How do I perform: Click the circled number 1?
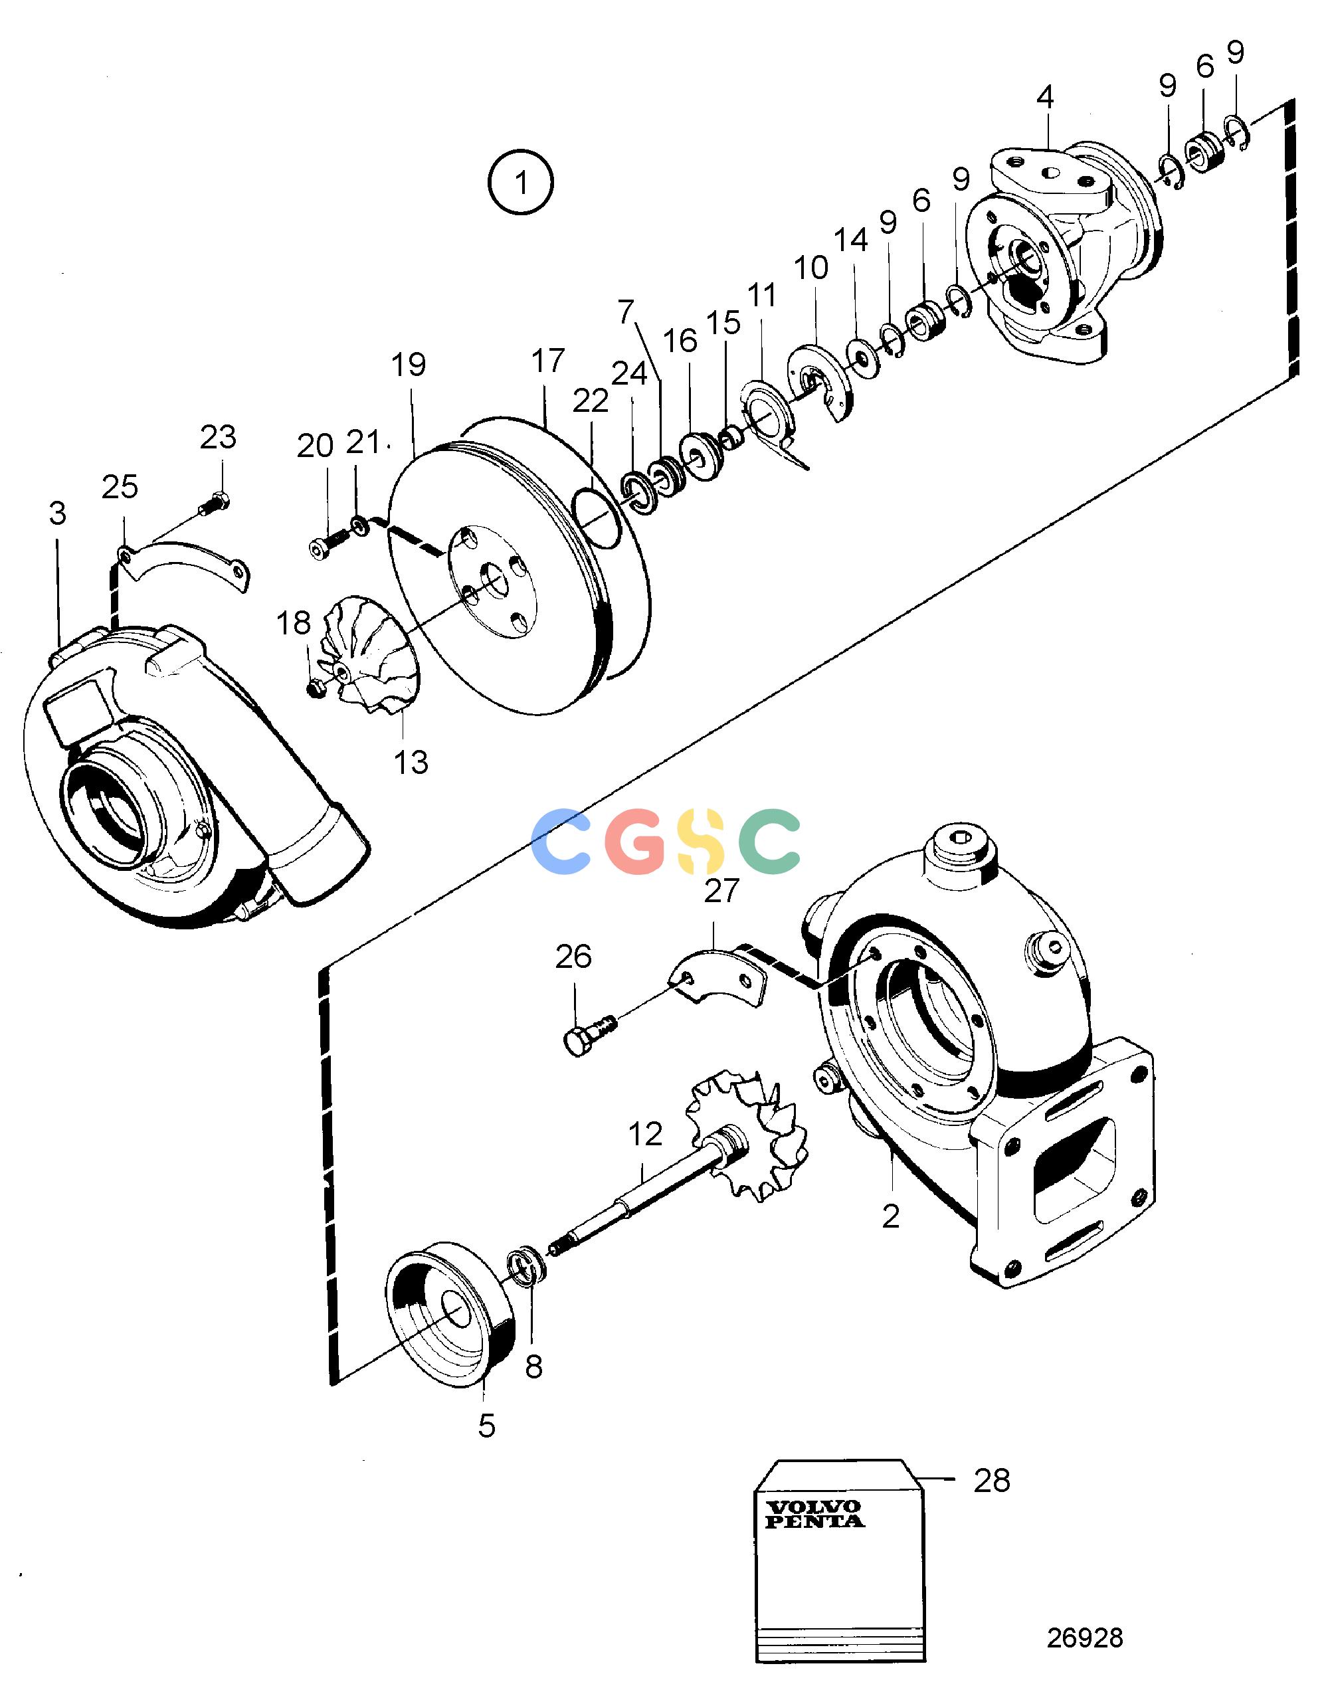tap(520, 183)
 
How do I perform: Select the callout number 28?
tap(991, 1480)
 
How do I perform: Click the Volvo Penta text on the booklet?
tap(814, 1515)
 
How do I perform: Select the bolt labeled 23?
tap(213, 504)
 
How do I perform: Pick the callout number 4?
tap(1045, 97)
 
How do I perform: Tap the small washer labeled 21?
tap(359, 524)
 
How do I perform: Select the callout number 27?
tap(721, 891)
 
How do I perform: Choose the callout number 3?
tap(57, 513)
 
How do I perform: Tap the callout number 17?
tap(547, 361)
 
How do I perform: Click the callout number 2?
tap(891, 1216)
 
